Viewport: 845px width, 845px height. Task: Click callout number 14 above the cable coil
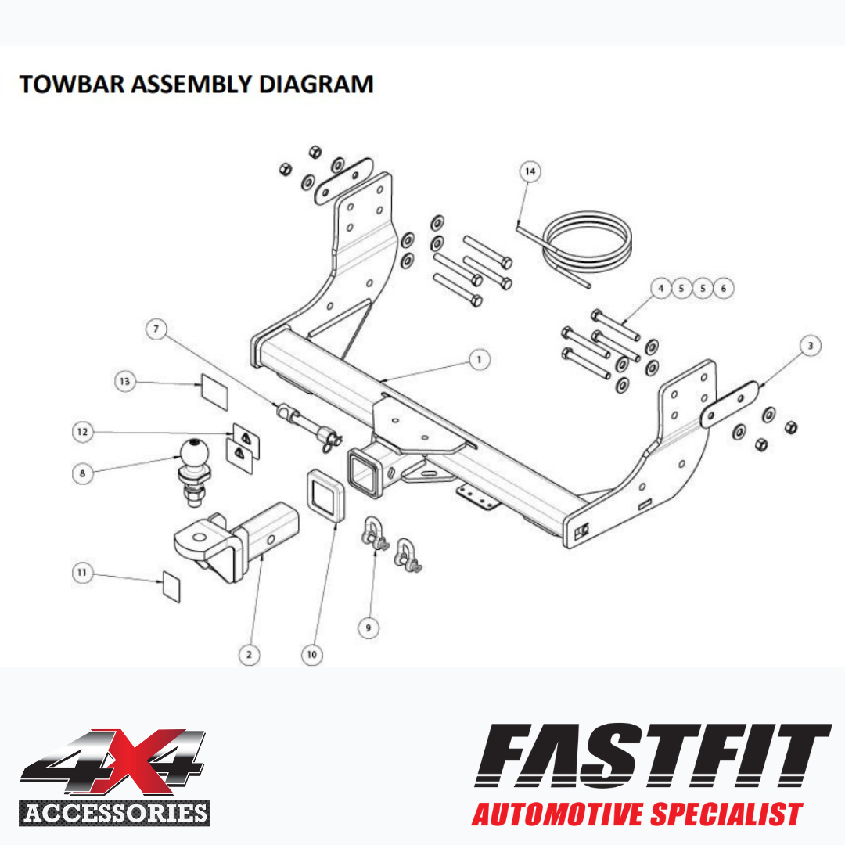click(530, 171)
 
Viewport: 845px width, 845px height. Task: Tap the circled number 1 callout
click(479, 359)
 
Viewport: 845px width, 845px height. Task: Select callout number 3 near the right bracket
click(810, 346)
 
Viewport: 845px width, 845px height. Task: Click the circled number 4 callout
click(660, 288)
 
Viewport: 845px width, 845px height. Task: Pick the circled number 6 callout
click(723, 288)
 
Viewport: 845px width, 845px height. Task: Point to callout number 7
click(156, 329)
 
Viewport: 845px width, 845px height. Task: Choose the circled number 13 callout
click(125, 382)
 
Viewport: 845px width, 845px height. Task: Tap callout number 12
click(82, 432)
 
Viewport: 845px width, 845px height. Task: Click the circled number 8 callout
click(82, 473)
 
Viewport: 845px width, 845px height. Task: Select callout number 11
click(82, 572)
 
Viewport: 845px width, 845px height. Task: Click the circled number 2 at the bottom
click(249, 655)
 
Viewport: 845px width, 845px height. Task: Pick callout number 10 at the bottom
click(311, 655)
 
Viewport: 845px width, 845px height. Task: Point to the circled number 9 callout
click(369, 627)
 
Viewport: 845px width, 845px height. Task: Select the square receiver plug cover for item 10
click(326, 496)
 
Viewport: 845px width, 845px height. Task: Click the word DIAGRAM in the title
click(316, 84)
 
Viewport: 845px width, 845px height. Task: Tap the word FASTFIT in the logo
click(653, 756)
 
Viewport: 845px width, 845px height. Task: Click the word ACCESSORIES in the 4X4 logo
click(115, 813)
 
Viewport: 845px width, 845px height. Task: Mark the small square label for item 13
click(214, 392)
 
